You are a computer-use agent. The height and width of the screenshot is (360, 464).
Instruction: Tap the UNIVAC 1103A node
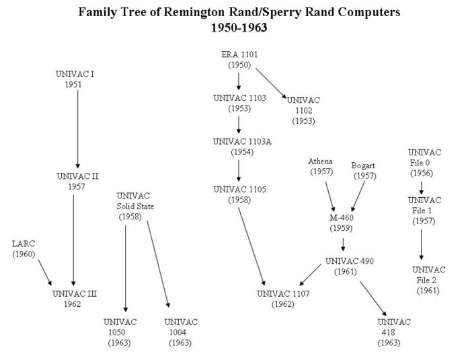coord(242,147)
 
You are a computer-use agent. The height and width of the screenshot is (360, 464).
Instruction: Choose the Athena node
coord(321,166)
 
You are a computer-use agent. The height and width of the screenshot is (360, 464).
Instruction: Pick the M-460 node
coord(342,223)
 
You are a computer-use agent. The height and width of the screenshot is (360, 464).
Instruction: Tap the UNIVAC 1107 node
coord(283,299)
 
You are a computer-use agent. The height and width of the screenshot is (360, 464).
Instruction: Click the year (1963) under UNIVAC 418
coord(389,343)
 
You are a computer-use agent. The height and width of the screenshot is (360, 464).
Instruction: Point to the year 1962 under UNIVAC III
coord(72,304)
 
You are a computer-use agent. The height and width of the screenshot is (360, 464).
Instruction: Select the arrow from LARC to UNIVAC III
coord(45,273)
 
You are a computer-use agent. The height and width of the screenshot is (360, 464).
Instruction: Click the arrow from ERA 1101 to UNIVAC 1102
coord(271,83)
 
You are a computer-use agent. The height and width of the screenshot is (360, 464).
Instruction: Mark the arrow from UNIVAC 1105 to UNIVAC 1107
coord(252,246)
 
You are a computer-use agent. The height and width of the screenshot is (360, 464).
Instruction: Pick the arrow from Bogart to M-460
coord(358,196)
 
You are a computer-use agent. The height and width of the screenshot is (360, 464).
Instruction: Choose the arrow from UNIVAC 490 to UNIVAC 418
coord(373,299)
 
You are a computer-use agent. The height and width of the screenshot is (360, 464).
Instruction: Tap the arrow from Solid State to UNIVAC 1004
coord(158,264)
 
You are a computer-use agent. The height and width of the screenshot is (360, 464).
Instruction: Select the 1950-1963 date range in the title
coord(239,28)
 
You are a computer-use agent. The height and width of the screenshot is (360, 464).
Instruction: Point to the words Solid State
coord(135,207)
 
